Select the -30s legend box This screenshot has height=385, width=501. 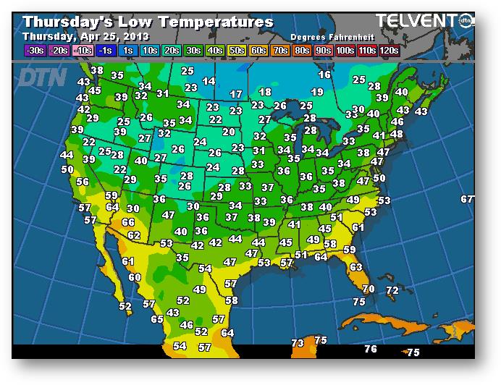[35, 50]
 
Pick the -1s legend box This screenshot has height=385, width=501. [106, 50]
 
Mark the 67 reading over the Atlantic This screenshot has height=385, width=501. [467, 200]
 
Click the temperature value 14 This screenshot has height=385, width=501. [209, 82]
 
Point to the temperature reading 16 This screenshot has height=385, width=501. [324, 75]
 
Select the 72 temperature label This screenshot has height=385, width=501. [392, 291]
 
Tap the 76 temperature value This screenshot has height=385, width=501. [371, 350]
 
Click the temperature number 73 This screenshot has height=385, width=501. [298, 343]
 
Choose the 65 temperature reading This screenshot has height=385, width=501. [157, 319]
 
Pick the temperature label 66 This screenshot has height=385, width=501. [129, 223]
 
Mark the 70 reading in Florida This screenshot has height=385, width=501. [369, 289]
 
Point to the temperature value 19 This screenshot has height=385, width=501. [317, 93]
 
